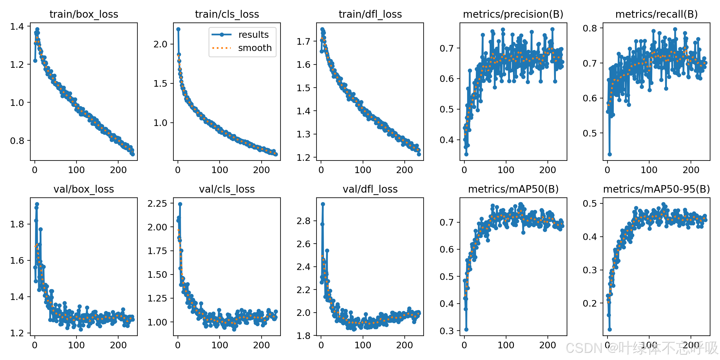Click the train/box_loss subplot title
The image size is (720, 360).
[x=84, y=14]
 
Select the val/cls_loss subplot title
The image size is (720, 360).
[x=227, y=189]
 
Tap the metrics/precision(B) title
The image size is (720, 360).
[x=513, y=14]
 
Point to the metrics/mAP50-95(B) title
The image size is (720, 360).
[x=656, y=189]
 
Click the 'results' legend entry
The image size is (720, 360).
[x=253, y=35]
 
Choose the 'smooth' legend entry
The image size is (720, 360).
[x=255, y=48]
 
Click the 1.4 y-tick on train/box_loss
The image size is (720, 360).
[x=17, y=26]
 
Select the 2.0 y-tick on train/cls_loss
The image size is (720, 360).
[x=160, y=44]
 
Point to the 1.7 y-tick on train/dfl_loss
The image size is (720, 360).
[x=303, y=41]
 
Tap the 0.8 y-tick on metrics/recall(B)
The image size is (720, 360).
[x=590, y=28]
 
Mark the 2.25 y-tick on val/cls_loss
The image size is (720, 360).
[x=157, y=203]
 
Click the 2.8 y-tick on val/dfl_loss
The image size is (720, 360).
[x=303, y=221]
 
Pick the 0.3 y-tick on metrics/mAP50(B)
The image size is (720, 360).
[x=447, y=331]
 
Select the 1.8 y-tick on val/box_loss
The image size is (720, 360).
[x=17, y=224]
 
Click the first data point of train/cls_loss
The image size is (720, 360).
[x=178, y=29]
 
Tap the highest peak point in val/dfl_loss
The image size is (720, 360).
[x=323, y=204]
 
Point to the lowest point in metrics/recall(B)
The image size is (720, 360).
[x=610, y=154]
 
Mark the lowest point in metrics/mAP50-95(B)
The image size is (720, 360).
[x=610, y=329]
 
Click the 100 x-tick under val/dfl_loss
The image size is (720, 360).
[x=363, y=345]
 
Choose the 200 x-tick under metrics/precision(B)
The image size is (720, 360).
[x=547, y=170]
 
